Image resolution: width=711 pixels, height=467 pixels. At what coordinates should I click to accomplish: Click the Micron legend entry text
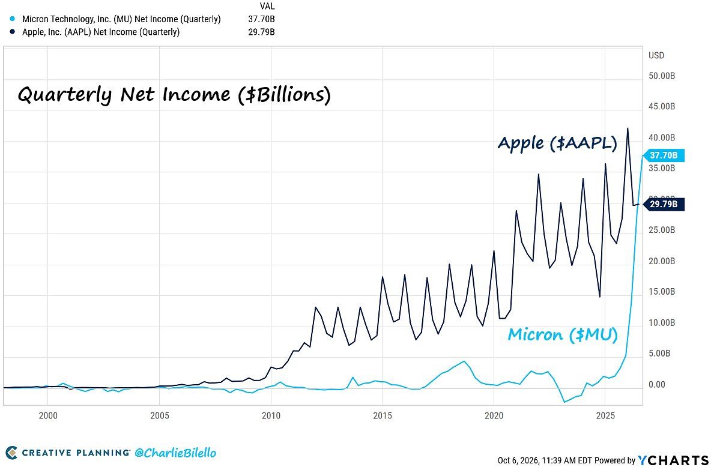[x=121, y=19]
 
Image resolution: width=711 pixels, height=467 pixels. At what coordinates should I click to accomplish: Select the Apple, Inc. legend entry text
[x=101, y=32]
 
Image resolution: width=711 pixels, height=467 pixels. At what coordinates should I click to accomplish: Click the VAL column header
[x=268, y=6]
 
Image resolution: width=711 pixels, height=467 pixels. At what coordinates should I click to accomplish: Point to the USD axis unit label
[x=656, y=55]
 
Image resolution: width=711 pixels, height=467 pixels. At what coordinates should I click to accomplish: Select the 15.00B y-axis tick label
[x=662, y=292]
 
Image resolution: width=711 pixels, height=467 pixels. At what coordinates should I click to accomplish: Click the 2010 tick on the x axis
[x=271, y=415]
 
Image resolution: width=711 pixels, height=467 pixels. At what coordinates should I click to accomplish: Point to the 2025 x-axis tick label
[x=605, y=415]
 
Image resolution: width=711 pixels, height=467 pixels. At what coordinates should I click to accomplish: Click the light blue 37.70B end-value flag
[x=663, y=155]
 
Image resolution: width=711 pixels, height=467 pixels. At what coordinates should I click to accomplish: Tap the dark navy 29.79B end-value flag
[x=663, y=205]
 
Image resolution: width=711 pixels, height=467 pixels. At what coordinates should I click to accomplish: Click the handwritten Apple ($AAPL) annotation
[x=557, y=143]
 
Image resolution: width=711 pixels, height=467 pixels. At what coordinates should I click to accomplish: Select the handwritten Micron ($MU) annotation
[x=562, y=334]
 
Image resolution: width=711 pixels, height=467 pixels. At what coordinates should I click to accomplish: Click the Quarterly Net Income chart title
[x=175, y=95]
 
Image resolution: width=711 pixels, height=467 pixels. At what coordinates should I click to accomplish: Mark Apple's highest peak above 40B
[x=628, y=128]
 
